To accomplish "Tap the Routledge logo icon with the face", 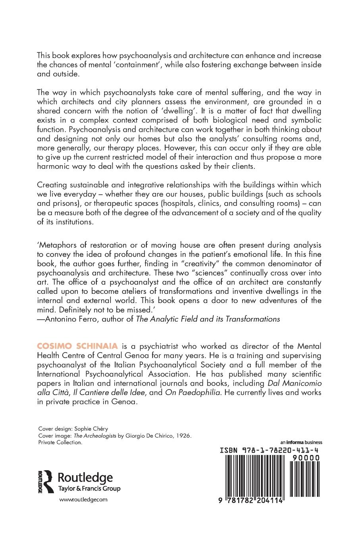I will pos(46,481).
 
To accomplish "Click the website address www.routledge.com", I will pos(83,500).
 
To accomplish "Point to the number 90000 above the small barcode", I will pos(305,458).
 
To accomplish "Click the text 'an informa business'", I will pos(301,442).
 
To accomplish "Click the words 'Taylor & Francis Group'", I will pos(89,489).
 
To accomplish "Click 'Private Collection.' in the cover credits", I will pos(60,442).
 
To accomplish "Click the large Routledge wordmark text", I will pos(85,478).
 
